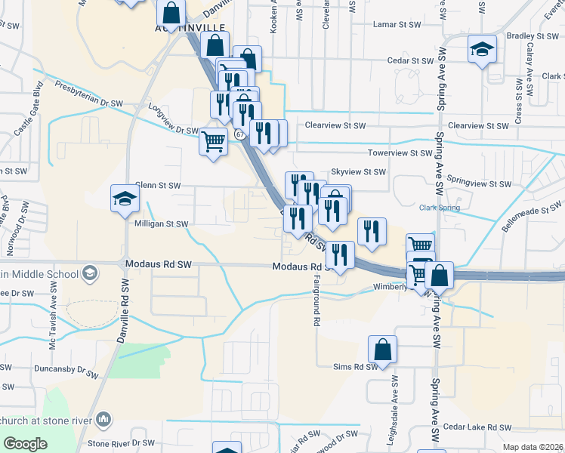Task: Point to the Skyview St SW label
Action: click(360, 172)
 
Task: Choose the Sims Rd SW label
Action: click(355, 367)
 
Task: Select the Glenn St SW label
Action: click(158, 185)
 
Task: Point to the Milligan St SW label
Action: click(162, 223)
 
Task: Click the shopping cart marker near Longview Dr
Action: click(214, 140)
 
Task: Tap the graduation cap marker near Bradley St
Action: click(483, 49)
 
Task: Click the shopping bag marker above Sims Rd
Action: click(383, 350)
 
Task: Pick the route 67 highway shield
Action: click(239, 134)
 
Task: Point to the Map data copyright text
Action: click(533, 447)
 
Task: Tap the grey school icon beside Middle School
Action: click(90, 272)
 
